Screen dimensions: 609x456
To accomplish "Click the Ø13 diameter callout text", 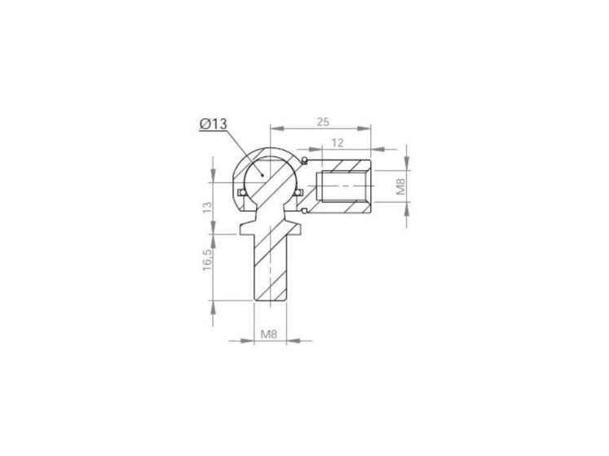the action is [x=214, y=124].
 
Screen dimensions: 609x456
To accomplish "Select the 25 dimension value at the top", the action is [x=323, y=122].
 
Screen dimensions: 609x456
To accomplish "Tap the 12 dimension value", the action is [x=338, y=142].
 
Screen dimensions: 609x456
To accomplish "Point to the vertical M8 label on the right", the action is [x=400, y=186].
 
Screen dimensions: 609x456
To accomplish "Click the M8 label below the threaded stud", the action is [x=269, y=334].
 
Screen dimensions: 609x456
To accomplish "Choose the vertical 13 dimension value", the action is [x=207, y=208].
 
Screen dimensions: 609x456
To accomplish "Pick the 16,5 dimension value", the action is [x=207, y=260].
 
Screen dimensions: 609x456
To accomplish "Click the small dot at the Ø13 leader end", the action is [x=263, y=175].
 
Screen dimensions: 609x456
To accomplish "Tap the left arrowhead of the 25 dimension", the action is [x=277, y=129].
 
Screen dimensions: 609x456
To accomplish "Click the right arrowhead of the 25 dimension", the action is [x=364, y=129].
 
